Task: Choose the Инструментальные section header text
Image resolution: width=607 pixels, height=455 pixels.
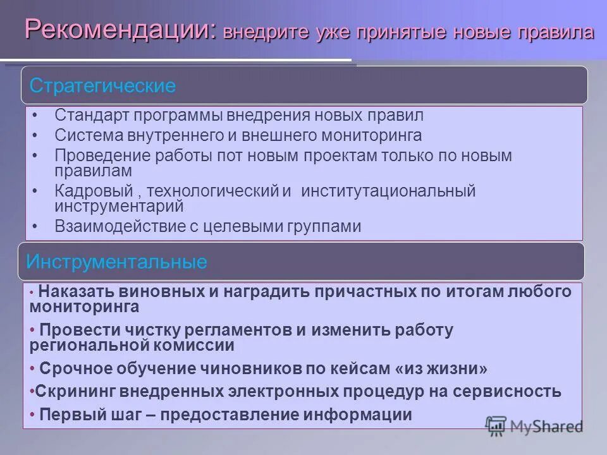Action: coord(117,262)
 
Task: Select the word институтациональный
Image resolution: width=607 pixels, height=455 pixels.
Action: coord(388,191)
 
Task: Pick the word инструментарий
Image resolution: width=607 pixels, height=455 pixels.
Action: coord(119,207)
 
